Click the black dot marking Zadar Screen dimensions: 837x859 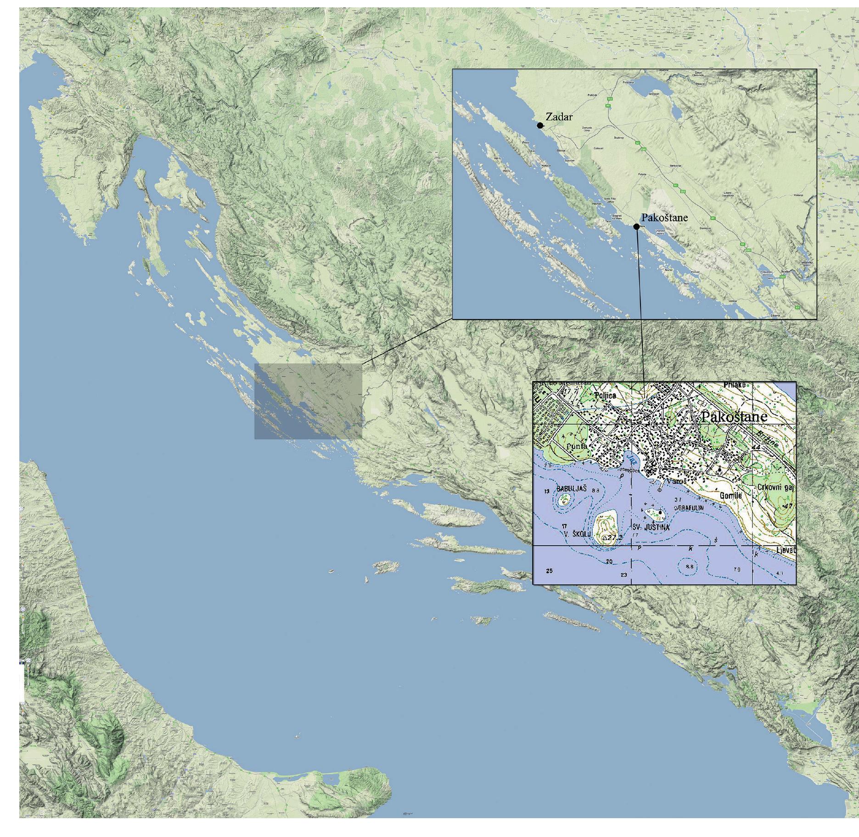[x=540, y=125]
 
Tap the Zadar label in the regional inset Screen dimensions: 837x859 [x=559, y=117]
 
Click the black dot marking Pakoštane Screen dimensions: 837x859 [x=636, y=226]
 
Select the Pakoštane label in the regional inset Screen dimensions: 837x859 [x=658, y=218]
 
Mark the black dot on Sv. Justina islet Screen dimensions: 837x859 [x=660, y=513]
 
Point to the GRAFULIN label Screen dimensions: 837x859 [x=691, y=509]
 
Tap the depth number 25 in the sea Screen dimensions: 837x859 [x=549, y=571]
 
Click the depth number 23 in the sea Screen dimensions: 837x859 [x=623, y=575]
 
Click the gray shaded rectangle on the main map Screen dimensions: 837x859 [x=308, y=401]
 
